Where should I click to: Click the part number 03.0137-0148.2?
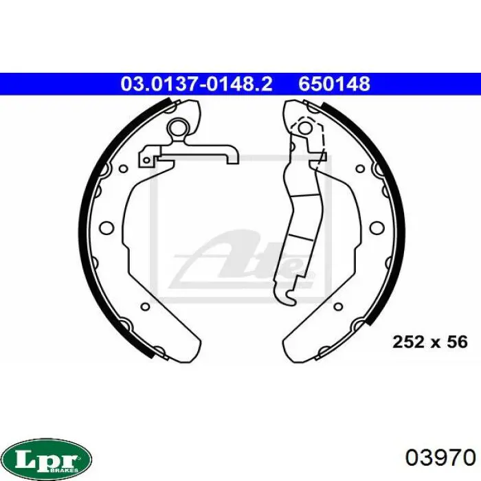197,84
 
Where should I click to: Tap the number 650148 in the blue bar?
335,84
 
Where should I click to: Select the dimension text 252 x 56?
430,342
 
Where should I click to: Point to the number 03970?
440,458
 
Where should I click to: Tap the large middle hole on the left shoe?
107,228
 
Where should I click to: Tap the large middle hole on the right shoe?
377,228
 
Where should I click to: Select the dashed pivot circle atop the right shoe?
304,127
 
